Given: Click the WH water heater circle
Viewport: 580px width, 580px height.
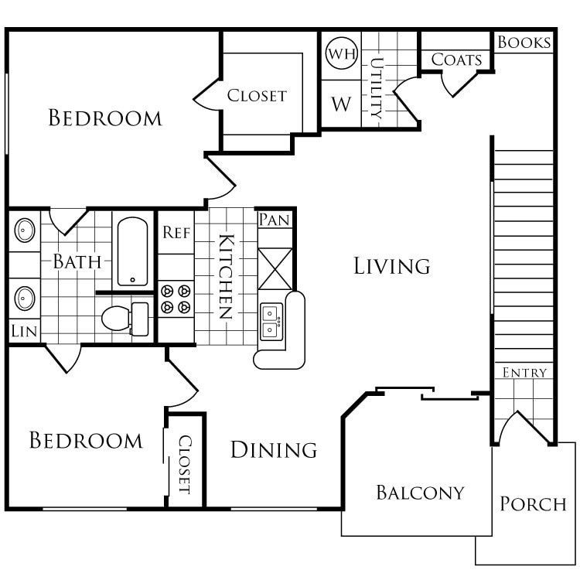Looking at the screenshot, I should point(339,53).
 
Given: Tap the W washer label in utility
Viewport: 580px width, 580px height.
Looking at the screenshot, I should point(341,104).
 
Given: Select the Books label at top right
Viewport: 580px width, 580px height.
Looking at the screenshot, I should point(524,43).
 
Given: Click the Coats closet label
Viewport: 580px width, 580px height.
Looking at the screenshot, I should point(456,60).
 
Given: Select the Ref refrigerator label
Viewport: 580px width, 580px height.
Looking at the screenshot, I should point(176,232).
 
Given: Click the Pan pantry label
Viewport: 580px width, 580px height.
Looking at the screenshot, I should point(275,220).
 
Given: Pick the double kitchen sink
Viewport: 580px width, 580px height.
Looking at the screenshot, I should point(271,321).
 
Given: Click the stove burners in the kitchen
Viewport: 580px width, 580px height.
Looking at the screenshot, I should point(176,299).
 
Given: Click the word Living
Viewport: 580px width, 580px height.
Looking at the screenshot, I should point(391,266).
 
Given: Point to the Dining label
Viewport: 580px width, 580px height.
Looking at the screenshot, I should point(274,449).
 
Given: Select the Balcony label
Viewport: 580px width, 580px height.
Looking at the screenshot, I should point(420,492).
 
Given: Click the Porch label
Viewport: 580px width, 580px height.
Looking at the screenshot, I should point(533,504).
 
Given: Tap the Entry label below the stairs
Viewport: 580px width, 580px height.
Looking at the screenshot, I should point(524,373).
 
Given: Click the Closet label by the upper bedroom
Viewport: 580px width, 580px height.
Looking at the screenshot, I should point(257,96).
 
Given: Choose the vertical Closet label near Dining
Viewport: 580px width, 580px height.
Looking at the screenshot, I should point(186,465).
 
